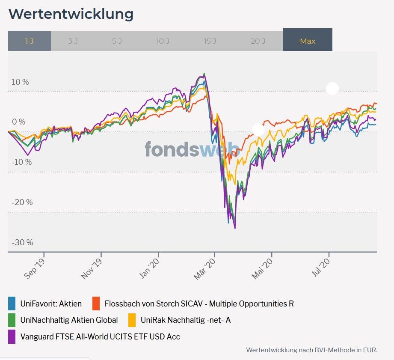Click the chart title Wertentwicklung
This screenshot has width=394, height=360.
click(x=71, y=14)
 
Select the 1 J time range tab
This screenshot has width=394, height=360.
click(x=29, y=41)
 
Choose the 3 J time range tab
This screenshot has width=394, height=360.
click(x=72, y=41)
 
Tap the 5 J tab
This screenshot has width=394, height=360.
click(x=117, y=41)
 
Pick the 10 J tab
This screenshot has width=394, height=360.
click(x=163, y=41)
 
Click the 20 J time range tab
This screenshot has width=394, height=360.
click(x=258, y=41)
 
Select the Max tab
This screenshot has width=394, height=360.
click(x=307, y=41)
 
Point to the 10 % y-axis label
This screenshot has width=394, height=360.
click(x=20, y=82)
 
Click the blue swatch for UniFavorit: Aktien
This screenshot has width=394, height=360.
click(x=12, y=304)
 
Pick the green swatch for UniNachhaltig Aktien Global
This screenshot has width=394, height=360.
click(x=12, y=320)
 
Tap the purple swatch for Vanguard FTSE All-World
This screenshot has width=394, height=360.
click(x=12, y=336)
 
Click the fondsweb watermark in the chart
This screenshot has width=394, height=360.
click(x=192, y=149)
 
